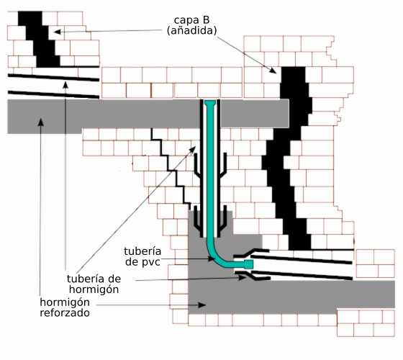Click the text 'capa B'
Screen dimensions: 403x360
click(x=191, y=20)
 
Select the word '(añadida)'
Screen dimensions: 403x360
click(x=191, y=30)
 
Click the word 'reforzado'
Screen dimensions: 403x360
click(x=65, y=312)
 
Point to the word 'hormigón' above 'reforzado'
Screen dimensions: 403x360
click(x=65, y=302)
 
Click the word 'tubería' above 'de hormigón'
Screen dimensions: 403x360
click(x=85, y=279)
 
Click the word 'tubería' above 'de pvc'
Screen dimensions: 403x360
click(x=142, y=251)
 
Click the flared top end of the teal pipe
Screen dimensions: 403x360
click(x=210, y=104)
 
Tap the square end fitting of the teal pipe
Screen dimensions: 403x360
click(x=248, y=264)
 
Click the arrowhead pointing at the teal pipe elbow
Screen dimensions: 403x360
click(x=212, y=258)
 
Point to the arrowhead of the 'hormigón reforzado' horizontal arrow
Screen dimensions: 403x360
click(x=202, y=305)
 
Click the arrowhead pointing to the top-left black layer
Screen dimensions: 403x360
click(x=57, y=32)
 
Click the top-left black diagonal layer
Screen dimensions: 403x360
click(x=39, y=39)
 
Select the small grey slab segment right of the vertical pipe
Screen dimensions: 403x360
click(x=255, y=114)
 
